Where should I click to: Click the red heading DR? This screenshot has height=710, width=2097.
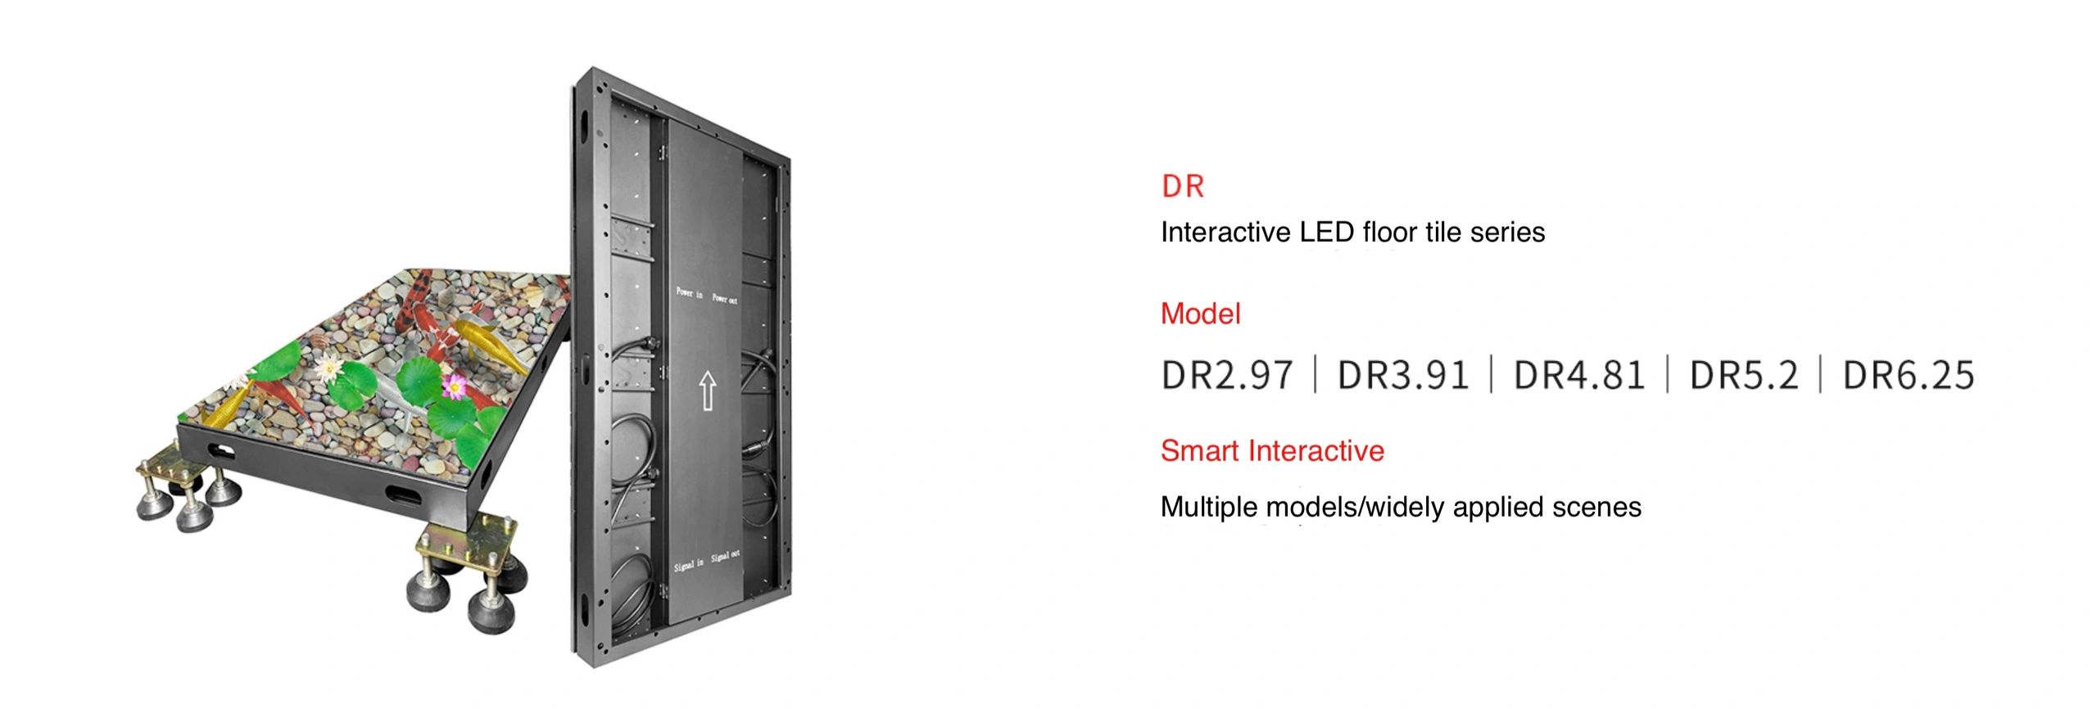pyautogui.click(x=1182, y=187)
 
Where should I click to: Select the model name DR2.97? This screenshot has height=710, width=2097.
pyautogui.click(x=1226, y=375)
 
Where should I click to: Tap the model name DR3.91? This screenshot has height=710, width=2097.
pyautogui.click(x=1402, y=375)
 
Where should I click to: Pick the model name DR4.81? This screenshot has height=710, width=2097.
pyautogui.click(x=1578, y=375)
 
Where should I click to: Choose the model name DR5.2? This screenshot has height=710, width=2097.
pyautogui.click(x=1744, y=375)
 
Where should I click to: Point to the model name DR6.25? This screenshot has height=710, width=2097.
pyautogui.click(x=1908, y=375)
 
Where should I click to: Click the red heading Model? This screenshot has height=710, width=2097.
pyautogui.click(x=1200, y=314)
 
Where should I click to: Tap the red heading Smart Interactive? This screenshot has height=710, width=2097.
pyautogui.click(x=1272, y=451)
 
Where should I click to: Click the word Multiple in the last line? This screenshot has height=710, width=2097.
pyautogui.click(x=1209, y=507)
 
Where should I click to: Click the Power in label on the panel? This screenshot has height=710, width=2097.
pyautogui.click(x=689, y=293)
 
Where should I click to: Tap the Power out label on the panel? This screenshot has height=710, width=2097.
pyautogui.click(x=724, y=299)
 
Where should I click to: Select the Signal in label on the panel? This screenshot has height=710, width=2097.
pyautogui.click(x=688, y=565)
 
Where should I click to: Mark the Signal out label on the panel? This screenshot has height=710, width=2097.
pyautogui.click(x=725, y=556)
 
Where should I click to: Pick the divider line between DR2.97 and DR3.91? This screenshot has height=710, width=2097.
pyautogui.click(x=1315, y=375)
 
